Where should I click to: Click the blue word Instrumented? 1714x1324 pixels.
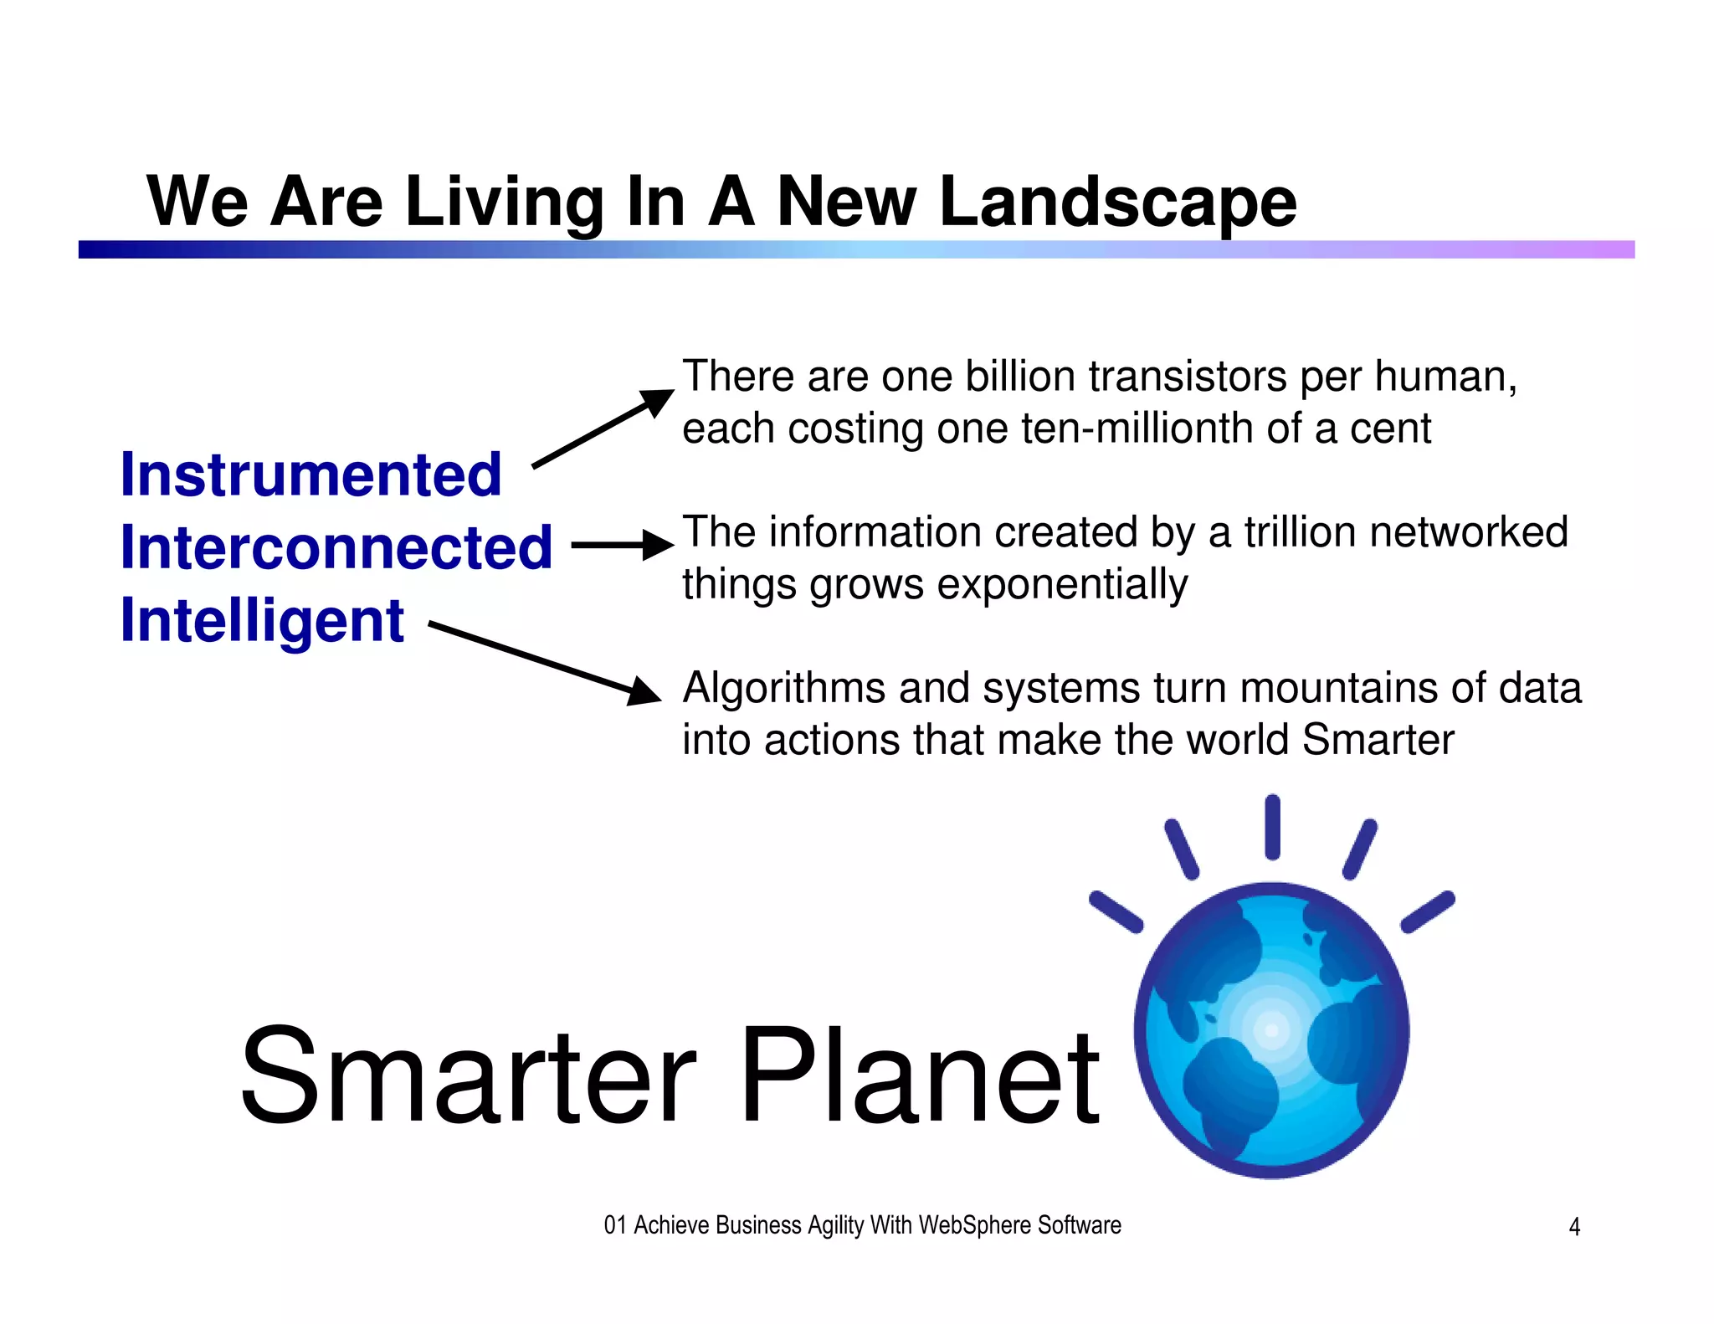tap(310, 475)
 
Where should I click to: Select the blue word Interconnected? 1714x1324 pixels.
tap(336, 547)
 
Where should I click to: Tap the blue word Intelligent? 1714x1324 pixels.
tap(262, 620)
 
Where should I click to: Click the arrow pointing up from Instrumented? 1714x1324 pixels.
tap(603, 429)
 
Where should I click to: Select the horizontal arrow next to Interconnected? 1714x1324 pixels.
tap(623, 545)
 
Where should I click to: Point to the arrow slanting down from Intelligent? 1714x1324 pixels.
tap(544, 662)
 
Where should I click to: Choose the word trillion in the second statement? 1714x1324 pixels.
tap(1295, 532)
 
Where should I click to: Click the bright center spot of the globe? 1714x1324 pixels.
tap(1271, 1030)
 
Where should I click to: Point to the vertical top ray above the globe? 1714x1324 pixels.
tap(1272, 827)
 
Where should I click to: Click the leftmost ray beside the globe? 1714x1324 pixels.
tap(1116, 912)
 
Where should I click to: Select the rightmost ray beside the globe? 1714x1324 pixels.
tap(1428, 912)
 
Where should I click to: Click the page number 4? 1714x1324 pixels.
tap(1573, 1227)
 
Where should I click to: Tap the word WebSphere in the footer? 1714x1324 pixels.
tap(974, 1225)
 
